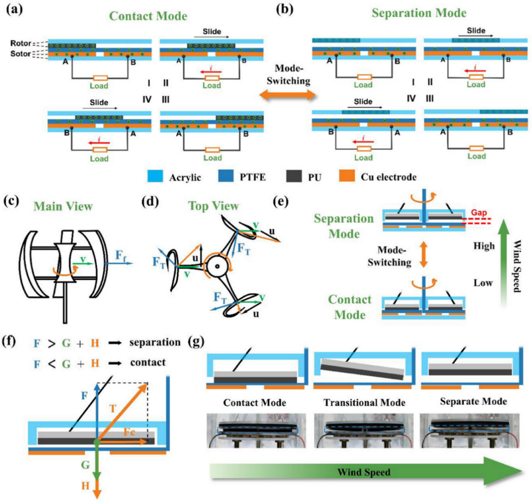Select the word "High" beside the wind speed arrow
[x=483, y=246]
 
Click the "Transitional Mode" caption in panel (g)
[x=364, y=402]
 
